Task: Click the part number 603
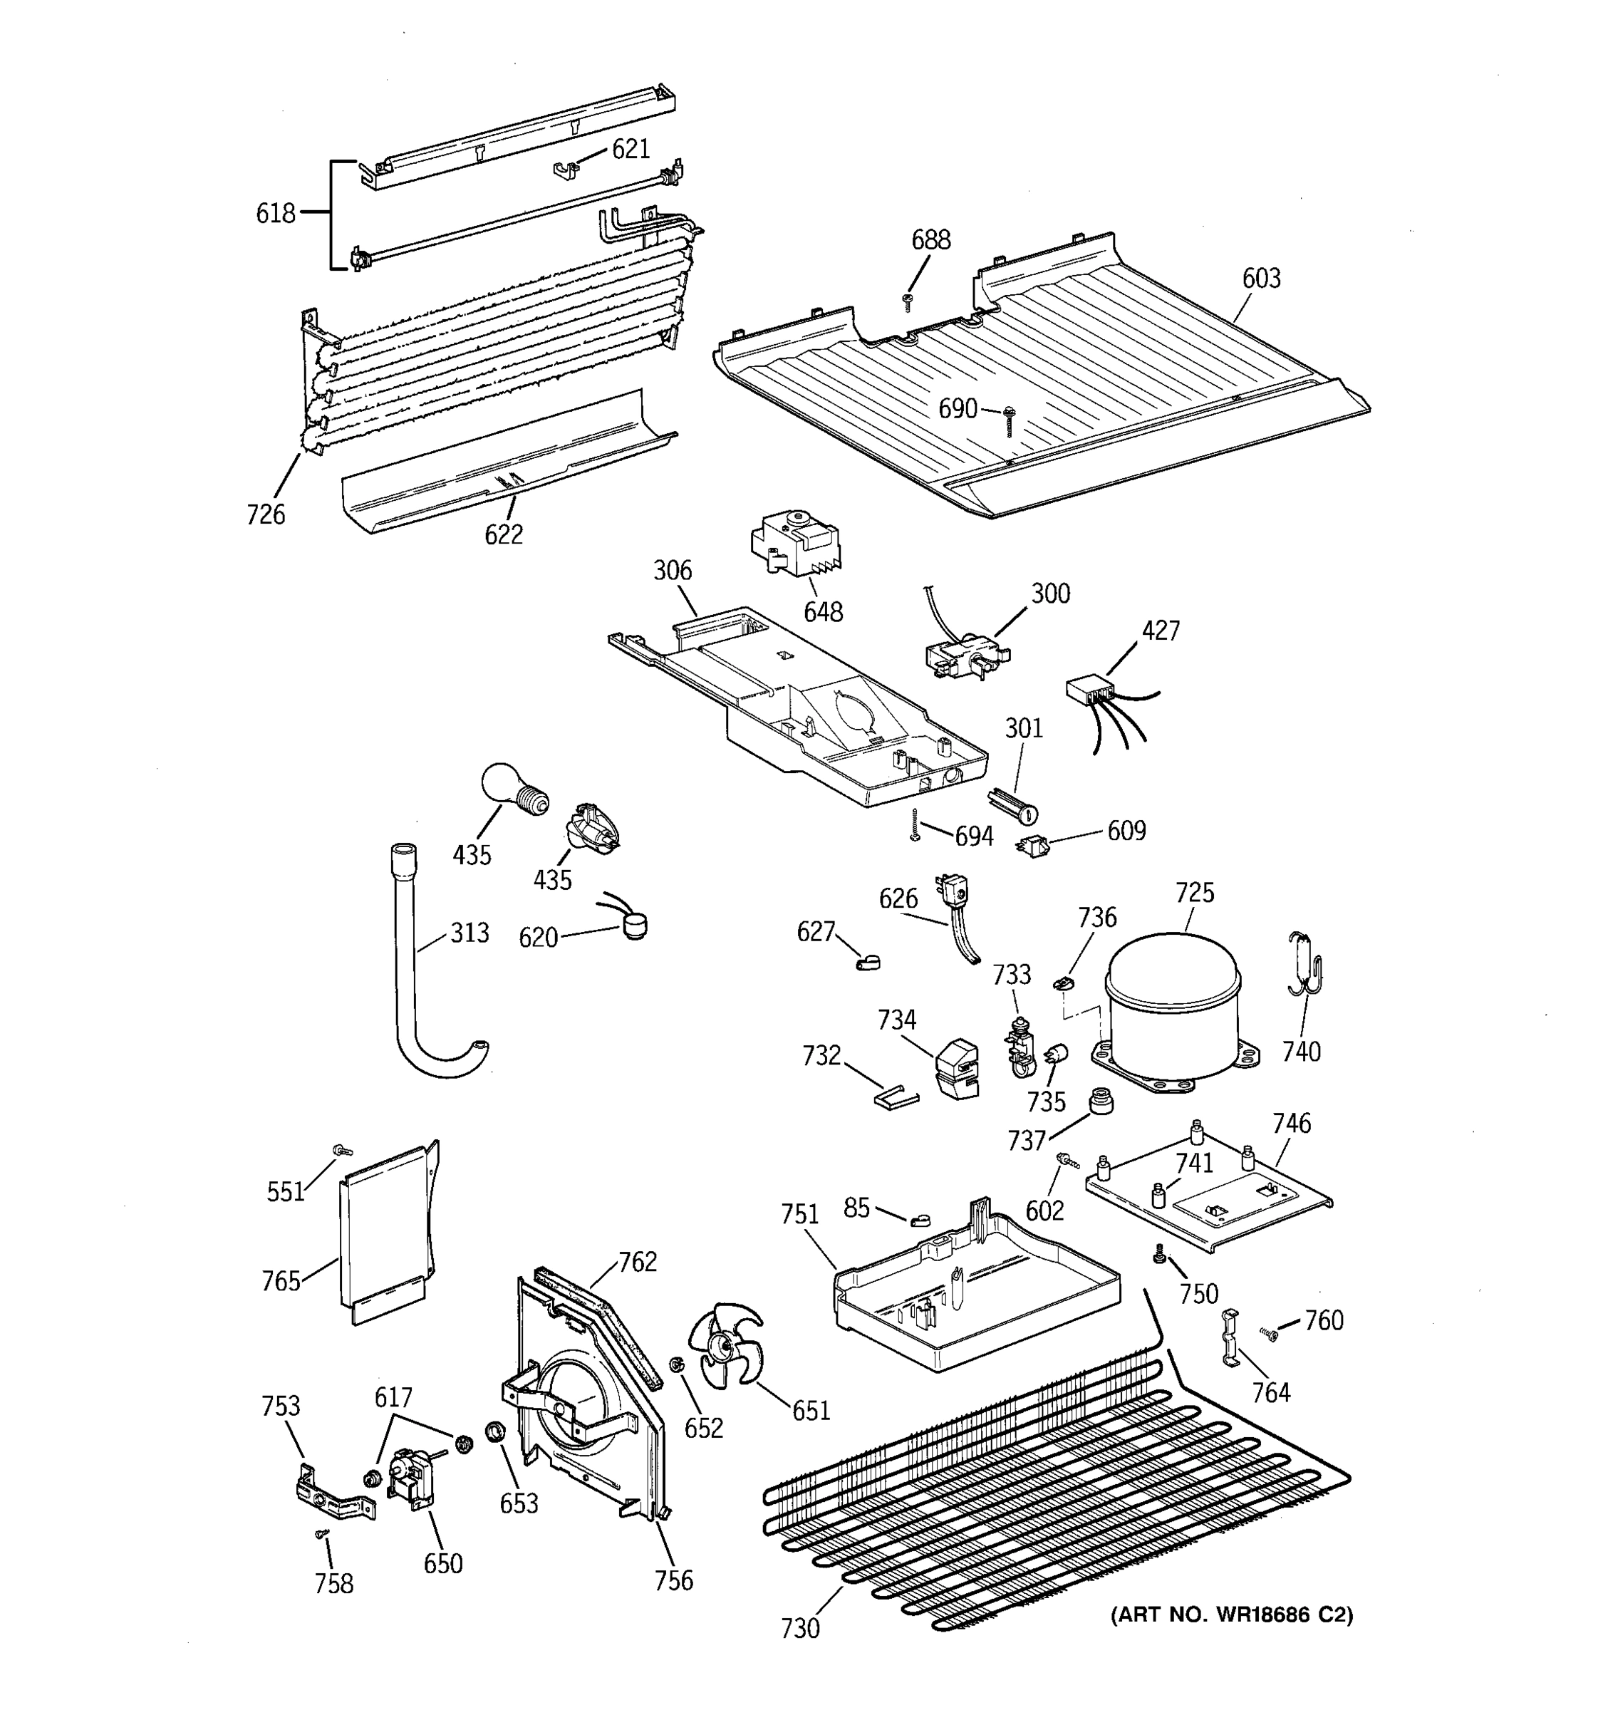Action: coord(1261,278)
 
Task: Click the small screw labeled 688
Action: coord(906,300)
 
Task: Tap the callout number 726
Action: coord(266,514)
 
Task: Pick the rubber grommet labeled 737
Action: coord(1100,1100)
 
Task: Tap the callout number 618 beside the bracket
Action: coord(275,212)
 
